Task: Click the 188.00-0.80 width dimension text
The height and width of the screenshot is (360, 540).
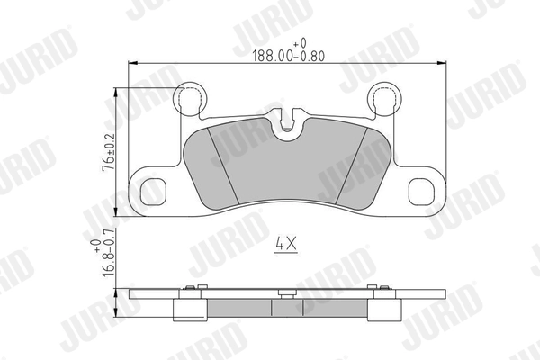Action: [x=289, y=53]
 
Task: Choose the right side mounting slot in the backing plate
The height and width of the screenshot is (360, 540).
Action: [x=423, y=192]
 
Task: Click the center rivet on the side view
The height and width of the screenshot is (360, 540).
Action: [x=284, y=292]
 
